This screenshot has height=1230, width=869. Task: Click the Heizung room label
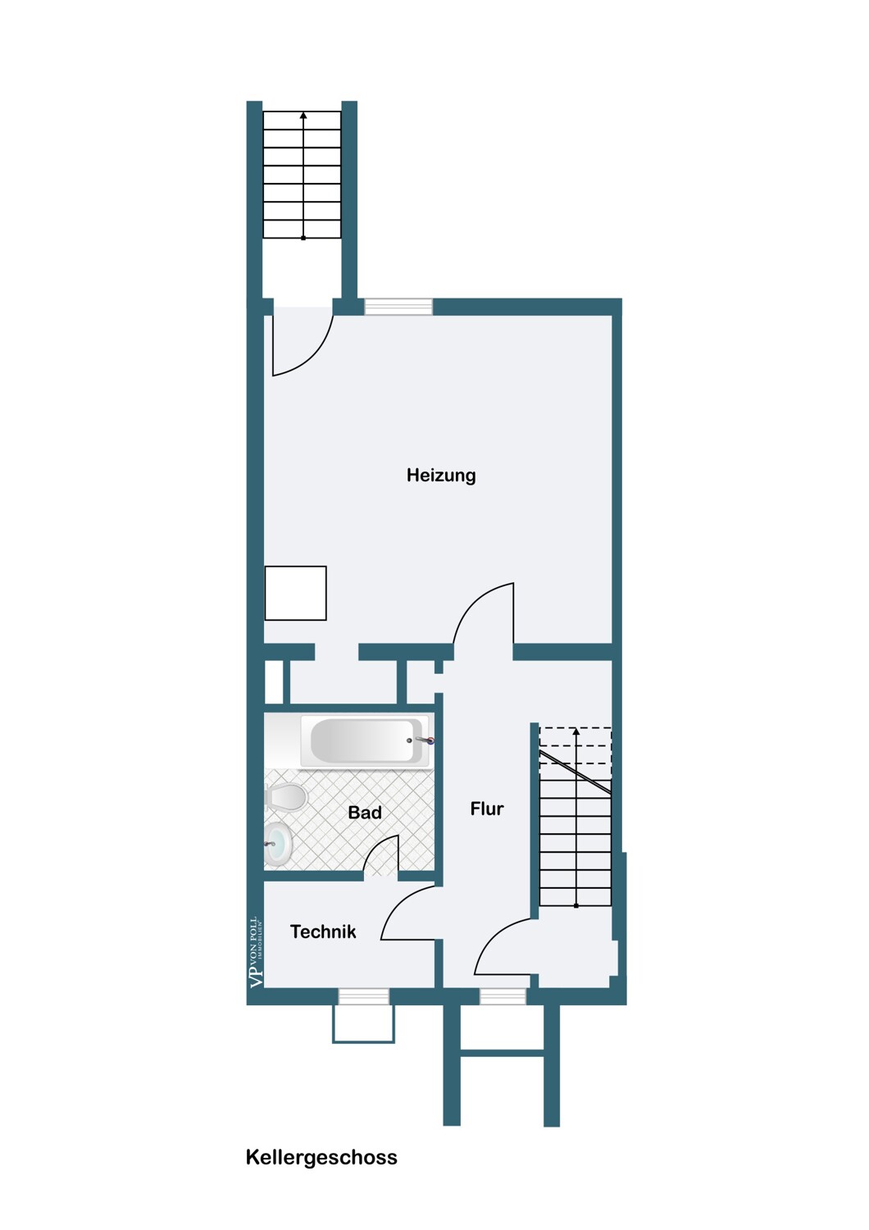(x=441, y=476)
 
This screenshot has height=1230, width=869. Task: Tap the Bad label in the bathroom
(x=365, y=813)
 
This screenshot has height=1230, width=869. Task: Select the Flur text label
(x=487, y=809)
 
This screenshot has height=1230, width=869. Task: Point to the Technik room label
(x=323, y=932)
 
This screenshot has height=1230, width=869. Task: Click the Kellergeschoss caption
(x=321, y=1158)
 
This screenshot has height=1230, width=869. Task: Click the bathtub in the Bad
(x=365, y=740)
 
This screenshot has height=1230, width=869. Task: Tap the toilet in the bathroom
(x=284, y=797)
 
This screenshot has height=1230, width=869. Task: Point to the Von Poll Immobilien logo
(x=257, y=953)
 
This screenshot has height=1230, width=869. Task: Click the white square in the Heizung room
(x=296, y=593)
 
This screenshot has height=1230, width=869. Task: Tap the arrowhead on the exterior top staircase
(x=303, y=116)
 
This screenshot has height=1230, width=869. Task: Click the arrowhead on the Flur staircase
(x=576, y=731)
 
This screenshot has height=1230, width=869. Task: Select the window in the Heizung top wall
(x=398, y=307)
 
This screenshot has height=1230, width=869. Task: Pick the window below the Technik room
(x=363, y=996)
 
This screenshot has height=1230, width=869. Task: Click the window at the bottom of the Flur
(x=503, y=996)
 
